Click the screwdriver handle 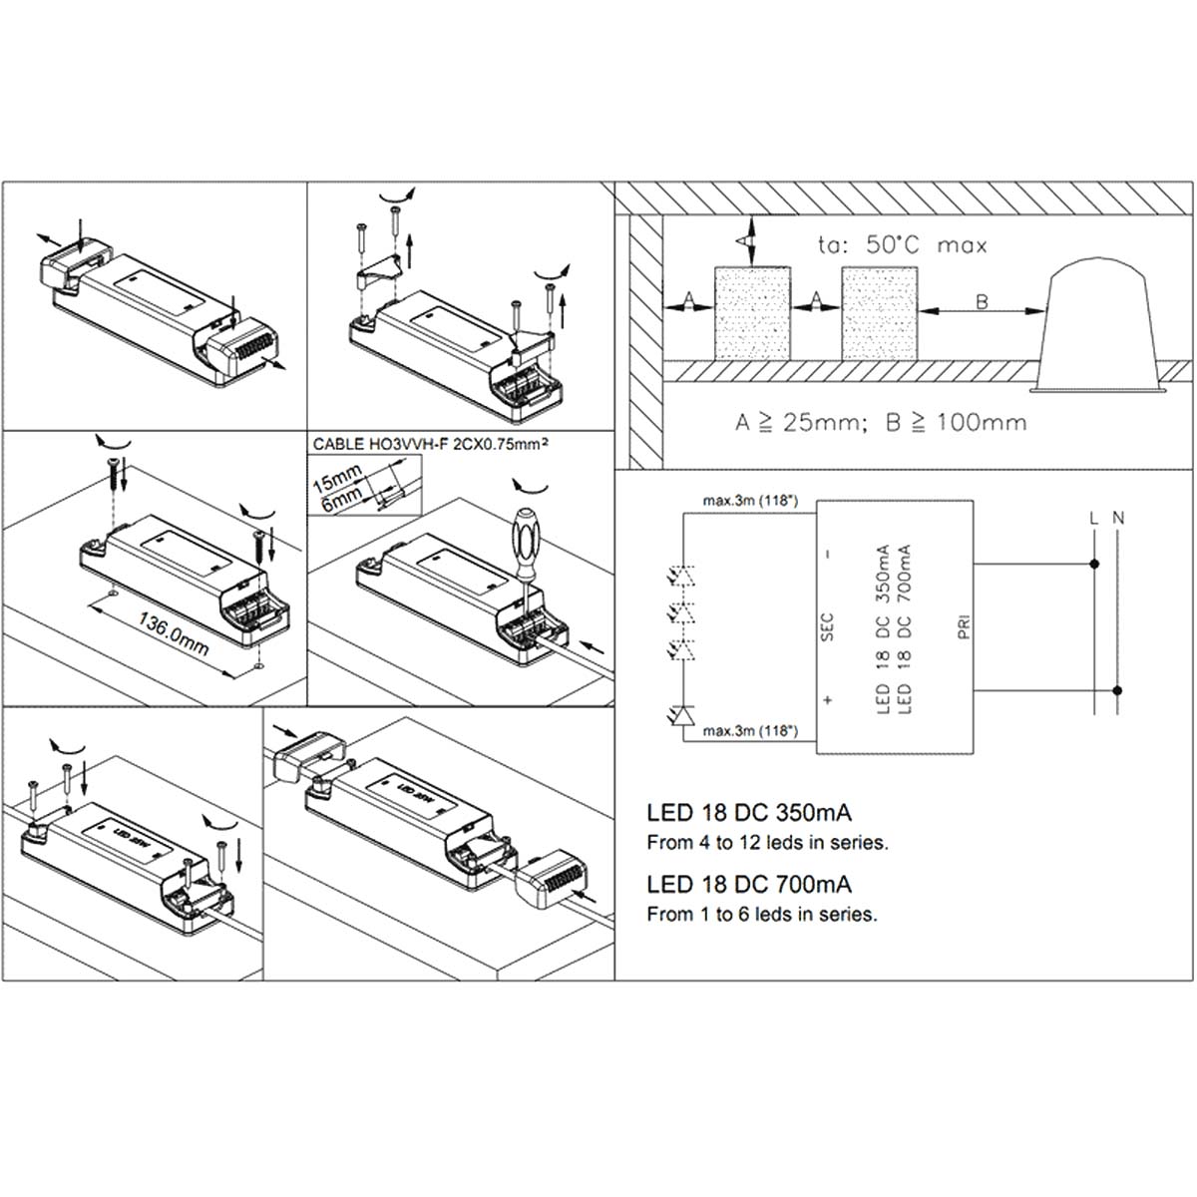click(x=526, y=538)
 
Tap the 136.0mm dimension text click(x=173, y=634)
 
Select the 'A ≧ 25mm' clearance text click(x=796, y=422)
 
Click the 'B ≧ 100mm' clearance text click(x=955, y=422)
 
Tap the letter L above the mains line click(x=1094, y=519)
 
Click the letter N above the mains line click(x=1118, y=519)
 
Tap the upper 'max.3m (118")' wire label click(x=750, y=501)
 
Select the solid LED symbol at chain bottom click(x=683, y=714)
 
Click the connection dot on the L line click(x=1095, y=565)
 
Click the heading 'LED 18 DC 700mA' click(x=749, y=884)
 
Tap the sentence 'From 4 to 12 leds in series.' click(x=767, y=843)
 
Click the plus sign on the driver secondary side click(x=827, y=700)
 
